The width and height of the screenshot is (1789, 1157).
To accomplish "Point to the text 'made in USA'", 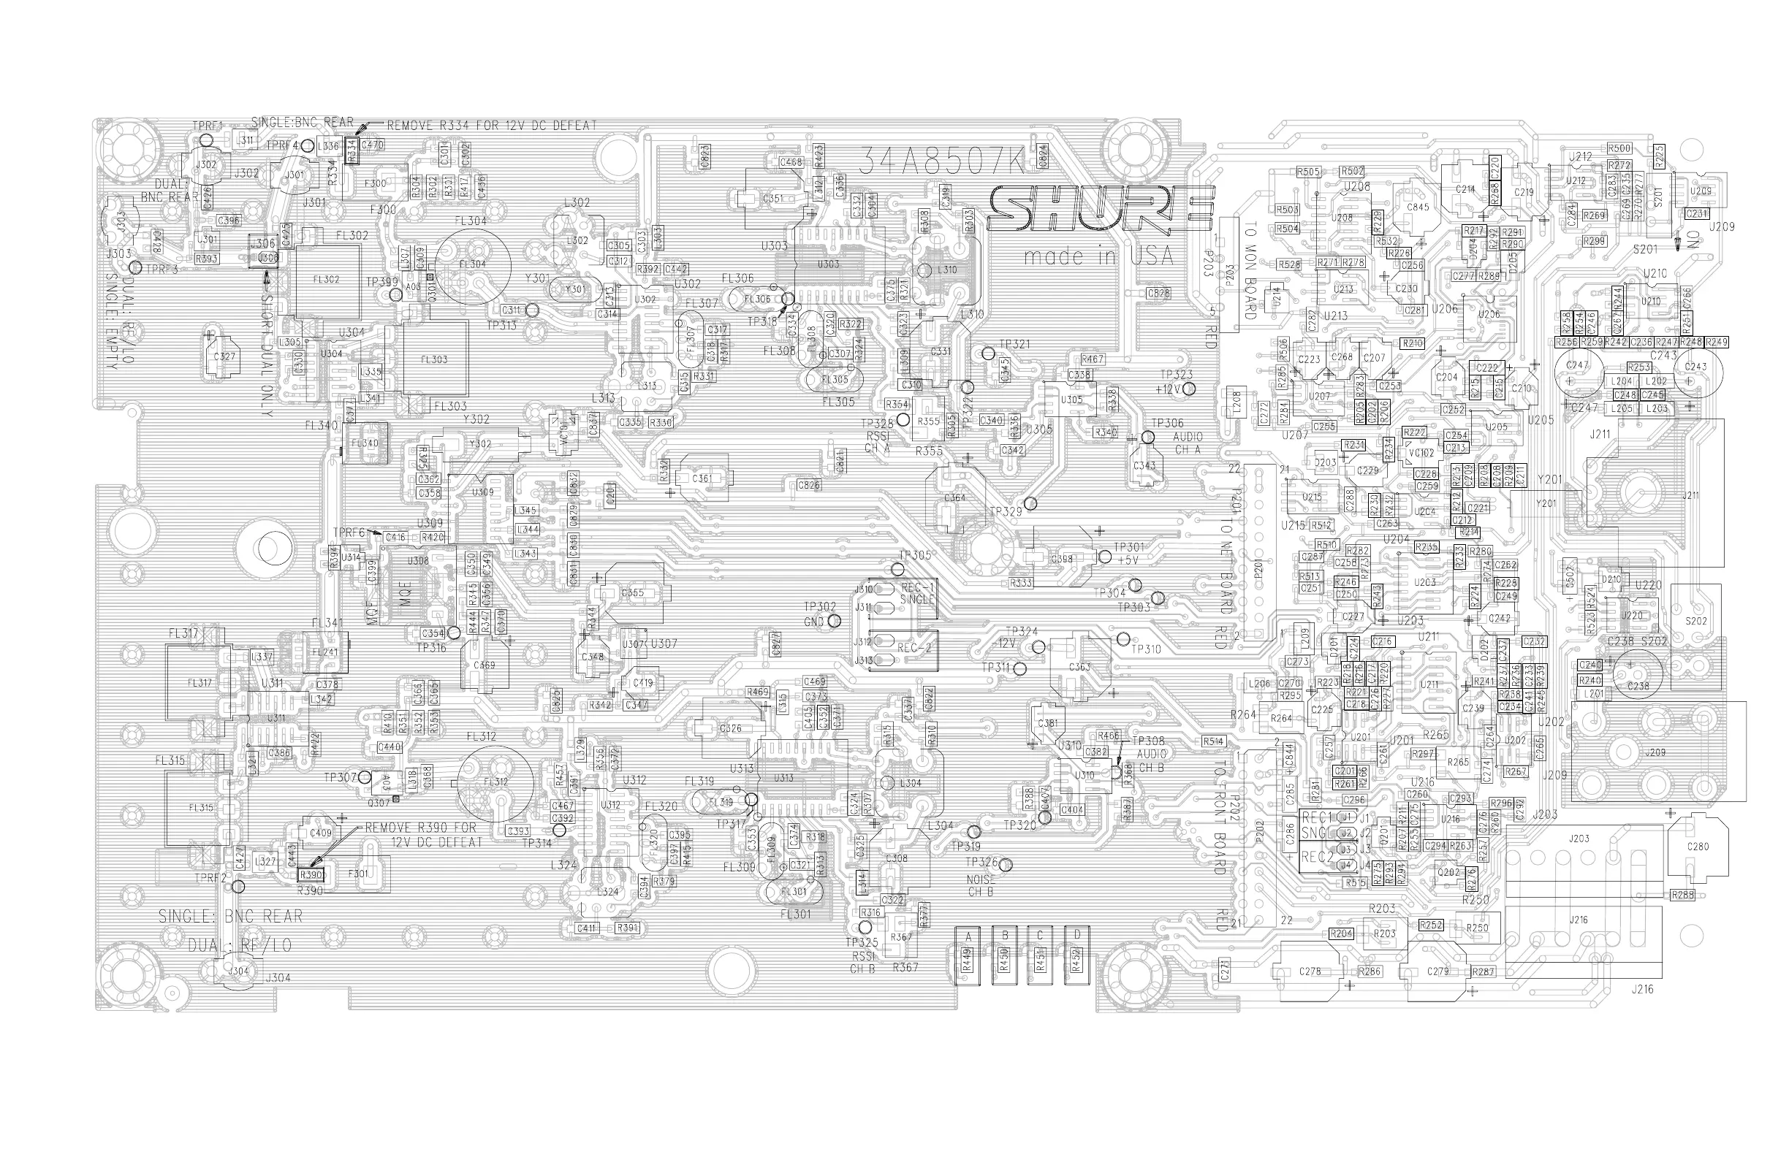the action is (1098, 257).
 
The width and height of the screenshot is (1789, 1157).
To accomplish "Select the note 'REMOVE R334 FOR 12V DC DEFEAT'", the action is (491, 126).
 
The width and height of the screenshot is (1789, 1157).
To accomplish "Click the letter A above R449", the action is (968, 936).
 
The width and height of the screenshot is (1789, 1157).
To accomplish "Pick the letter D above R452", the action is (1076, 936).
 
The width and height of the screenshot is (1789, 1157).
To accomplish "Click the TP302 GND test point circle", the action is (834, 622).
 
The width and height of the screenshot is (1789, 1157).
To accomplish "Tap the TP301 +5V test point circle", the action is (1104, 557).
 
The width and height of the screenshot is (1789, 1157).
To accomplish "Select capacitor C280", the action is (1698, 846).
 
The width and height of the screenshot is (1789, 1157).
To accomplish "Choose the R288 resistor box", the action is (1683, 895).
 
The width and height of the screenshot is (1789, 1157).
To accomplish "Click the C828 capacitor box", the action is (1158, 293).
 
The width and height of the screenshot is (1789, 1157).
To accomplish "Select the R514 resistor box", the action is (1213, 741).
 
